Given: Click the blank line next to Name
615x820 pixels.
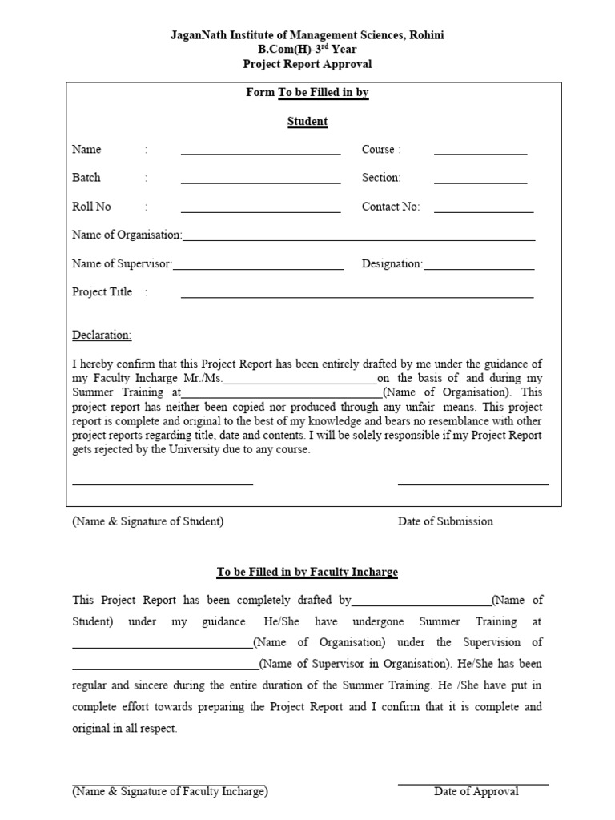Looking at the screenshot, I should coord(260,152).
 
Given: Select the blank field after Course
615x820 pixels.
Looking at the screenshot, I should coord(480,152).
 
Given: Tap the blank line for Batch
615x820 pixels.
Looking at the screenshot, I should coord(260,181).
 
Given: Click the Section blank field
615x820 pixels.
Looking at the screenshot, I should coord(480,181).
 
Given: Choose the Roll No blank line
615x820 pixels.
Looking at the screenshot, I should coord(260,211).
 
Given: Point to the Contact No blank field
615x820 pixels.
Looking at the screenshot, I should coord(483,211).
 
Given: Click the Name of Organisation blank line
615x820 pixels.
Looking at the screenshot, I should coord(359,239).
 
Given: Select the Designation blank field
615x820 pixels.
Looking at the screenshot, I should coord(478,267).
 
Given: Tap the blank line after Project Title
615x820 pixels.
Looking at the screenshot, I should coord(356,296).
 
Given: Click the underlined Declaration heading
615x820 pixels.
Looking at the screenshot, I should coord(102,335).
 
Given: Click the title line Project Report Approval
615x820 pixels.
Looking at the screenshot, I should coord(307,64).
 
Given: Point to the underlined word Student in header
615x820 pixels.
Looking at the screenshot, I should coord(307,122).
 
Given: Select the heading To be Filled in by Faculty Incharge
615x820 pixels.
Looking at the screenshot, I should coord(307,572).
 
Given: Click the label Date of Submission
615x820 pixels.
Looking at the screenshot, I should coord(445,521).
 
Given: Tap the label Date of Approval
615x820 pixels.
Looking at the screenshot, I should coord(476,791).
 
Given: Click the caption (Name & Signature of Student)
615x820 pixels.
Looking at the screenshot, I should coord(148,521).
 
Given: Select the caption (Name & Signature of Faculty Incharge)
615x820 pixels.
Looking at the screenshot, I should coord(170,791).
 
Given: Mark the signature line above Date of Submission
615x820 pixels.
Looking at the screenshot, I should coord(473,484).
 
